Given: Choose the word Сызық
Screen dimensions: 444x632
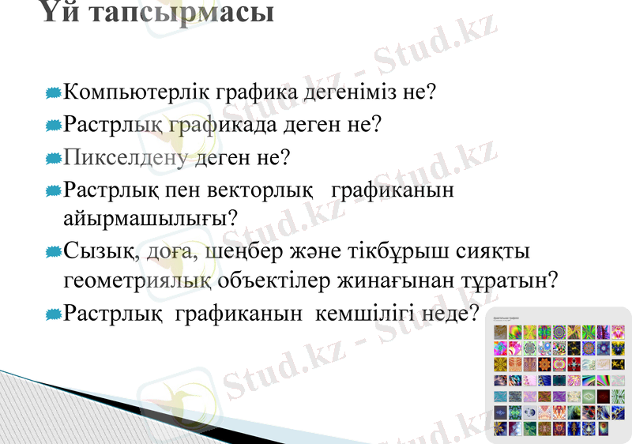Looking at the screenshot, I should point(100,252).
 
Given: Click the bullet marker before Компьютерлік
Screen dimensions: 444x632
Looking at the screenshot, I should point(53,93).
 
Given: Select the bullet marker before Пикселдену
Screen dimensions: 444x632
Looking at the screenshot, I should point(53,158).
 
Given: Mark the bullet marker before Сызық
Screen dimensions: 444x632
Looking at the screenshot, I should point(53,253).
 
